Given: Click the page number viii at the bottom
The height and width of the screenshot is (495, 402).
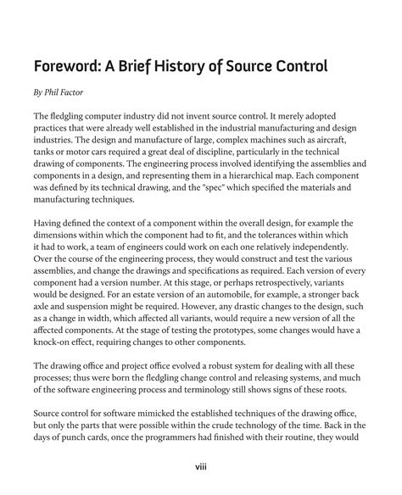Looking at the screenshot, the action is pos(201,465).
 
